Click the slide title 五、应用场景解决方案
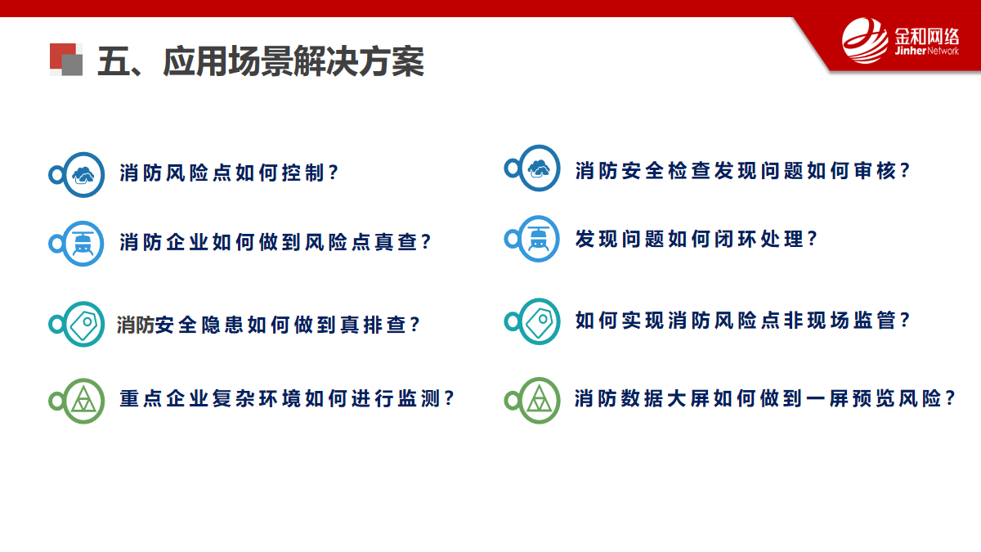point(261,61)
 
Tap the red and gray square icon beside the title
point(66,60)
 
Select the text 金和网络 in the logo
point(927,37)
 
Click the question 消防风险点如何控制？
point(229,173)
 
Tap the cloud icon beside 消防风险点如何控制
point(83,175)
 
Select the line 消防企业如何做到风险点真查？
point(275,242)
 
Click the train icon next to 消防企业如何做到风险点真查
point(83,244)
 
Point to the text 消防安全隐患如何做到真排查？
point(268,325)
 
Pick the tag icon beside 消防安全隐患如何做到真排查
point(83,324)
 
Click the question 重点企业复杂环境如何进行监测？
point(287,399)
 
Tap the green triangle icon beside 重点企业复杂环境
point(83,401)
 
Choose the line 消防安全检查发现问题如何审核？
point(743,170)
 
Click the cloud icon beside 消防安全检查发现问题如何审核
point(539,168)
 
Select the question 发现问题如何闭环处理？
point(697,239)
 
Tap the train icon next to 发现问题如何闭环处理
point(539,239)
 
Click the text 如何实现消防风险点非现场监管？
point(743,321)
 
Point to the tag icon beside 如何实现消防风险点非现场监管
point(539,321)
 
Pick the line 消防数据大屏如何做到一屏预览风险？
point(765,398)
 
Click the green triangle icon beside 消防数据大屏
point(539,401)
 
